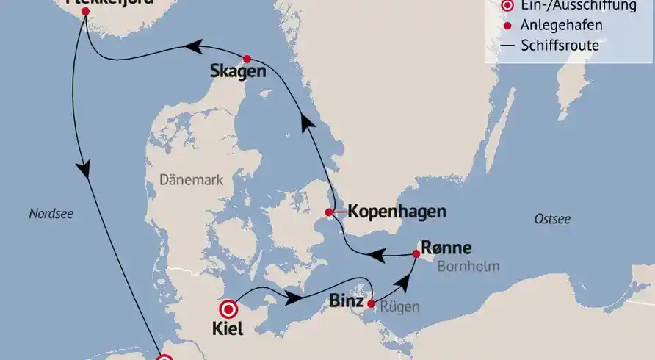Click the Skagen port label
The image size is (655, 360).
click(238, 72)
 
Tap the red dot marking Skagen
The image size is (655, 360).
click(247, 59)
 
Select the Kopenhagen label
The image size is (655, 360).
click(397, 212)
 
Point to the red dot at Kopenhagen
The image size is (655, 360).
click(330, 213)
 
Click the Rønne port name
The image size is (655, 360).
click(446, 248)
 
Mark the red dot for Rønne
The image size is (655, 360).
click(416, 254)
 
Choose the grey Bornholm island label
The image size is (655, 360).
click(468, 266)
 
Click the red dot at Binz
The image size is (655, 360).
click(371, 303)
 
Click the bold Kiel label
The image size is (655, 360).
click(228, 330)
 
